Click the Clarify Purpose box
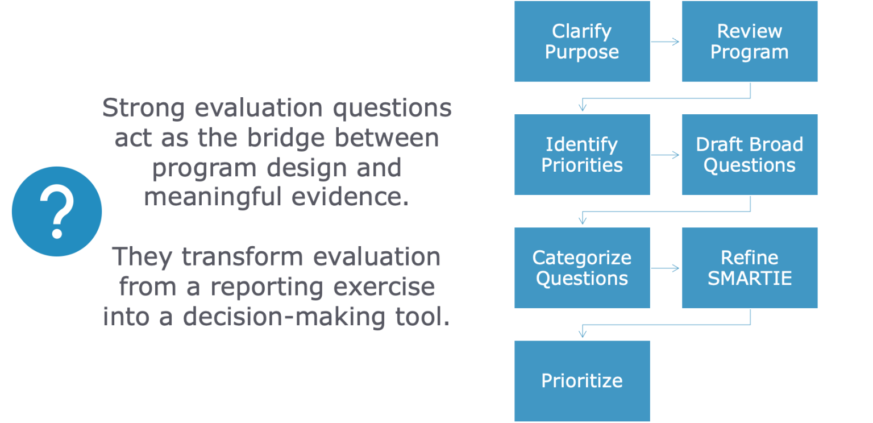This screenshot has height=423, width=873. [582, 42]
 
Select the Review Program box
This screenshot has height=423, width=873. [750, 42]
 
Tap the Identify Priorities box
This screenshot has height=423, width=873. [582, 155]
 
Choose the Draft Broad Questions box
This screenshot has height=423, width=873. [750, 155]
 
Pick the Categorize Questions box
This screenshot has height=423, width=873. [582, 268]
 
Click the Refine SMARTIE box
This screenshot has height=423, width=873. [750, 268]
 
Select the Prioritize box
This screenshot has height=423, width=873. [582, 381]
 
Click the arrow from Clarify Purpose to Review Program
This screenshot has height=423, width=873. [665, 42]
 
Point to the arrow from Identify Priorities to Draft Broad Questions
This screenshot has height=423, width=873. [665, 155]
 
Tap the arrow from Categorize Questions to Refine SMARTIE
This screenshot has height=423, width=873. [665, 268]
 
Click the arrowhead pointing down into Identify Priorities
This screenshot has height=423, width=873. [583, 106]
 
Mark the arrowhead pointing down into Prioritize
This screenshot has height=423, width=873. [583, 332]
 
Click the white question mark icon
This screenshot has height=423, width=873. [57, 211]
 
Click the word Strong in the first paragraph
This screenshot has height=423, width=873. [143, 108]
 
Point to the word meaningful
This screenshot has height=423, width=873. [213, 197]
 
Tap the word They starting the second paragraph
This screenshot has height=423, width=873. [142, 257]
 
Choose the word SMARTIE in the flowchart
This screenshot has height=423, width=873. [750, 279]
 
